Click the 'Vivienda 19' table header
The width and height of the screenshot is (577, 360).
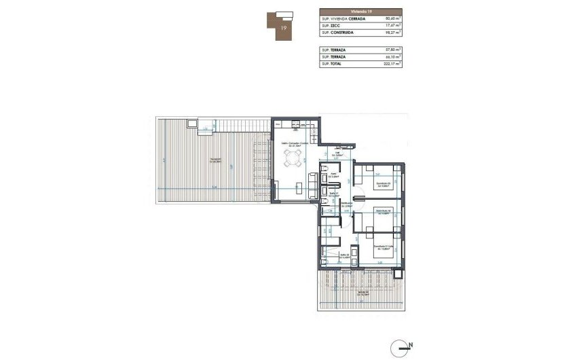click(360, 12)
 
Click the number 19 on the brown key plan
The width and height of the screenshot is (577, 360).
click(282, 26)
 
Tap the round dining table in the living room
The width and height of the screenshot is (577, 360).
click(293, 160)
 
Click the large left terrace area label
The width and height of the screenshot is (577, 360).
click(216, 161)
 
